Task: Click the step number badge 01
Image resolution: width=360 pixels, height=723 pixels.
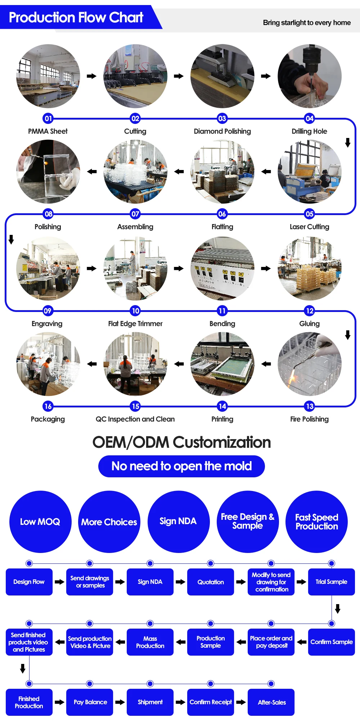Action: point(48,118)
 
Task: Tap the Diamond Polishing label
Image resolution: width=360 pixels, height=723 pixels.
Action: point(222,131)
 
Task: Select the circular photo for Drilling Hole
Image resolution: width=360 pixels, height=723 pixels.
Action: point(309,76)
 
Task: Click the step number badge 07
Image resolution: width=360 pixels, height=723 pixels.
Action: point(135,214)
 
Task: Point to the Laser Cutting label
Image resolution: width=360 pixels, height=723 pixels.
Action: point(309,227)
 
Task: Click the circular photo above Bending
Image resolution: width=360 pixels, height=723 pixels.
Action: point(222,268)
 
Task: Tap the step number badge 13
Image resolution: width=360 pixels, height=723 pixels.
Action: point(310,406)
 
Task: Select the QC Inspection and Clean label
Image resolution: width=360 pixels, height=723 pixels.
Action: point(135,419)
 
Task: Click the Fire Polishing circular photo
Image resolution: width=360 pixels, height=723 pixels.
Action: point(309,364)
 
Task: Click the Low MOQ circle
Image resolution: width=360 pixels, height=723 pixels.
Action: point(40,522)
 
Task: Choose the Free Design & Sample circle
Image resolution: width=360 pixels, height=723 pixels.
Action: point(247,521)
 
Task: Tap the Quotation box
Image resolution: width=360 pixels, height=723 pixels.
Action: point(211,582)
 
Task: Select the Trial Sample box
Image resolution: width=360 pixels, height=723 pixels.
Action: point(331,582)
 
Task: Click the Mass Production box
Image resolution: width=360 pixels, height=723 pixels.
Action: point(150,642)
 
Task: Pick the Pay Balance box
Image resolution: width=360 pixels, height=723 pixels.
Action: point(90,702)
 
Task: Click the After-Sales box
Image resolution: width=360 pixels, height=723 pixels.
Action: point(271,702)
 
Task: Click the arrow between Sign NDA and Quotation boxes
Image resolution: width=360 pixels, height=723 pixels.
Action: point(180,582)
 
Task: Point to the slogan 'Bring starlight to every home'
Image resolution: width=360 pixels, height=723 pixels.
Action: point(307,23)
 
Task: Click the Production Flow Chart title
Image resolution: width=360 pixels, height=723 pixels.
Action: point(76,17)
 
